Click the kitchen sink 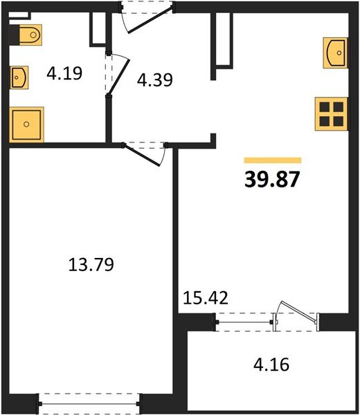334,51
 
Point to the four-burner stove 330,112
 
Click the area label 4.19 64,73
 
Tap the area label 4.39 154,80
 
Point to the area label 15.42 205,299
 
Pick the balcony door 291,314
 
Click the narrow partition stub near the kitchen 222,41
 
